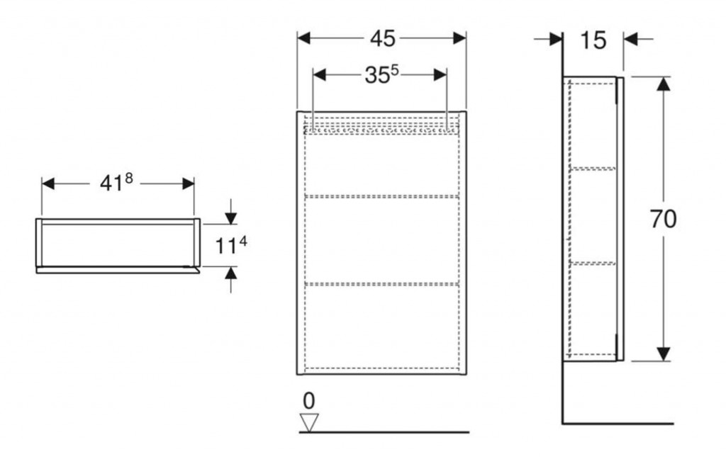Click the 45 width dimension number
click(382, 39)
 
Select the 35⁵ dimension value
click(381, 75)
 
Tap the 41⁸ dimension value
click(116, 184)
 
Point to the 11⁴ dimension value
click(231, 246)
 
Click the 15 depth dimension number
click(593, 40)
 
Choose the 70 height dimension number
click(663, 219)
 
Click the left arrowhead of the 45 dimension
click(303, 38)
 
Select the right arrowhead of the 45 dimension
click(459, 38)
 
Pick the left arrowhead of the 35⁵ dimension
click(320, 75)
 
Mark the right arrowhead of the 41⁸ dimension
click(188, 184)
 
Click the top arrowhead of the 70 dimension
click(664, 84)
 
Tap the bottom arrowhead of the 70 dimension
click(664, 354)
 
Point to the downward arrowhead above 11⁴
click(231, 218)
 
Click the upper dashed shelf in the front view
click(382, 197)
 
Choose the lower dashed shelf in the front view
click(382, 283)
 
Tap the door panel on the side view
click(620, 219)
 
